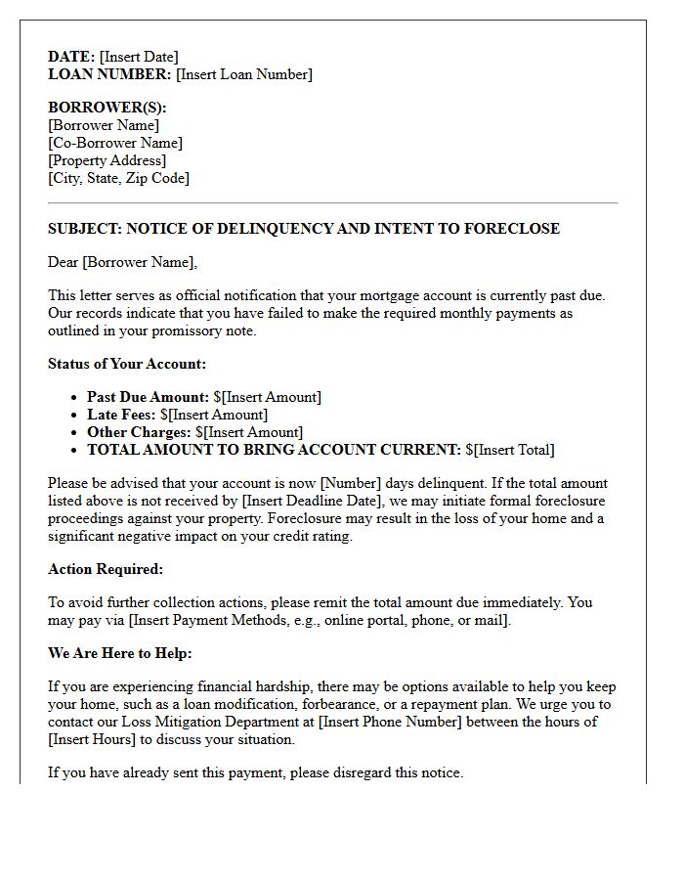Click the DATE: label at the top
(71, 57)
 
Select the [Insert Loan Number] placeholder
(244, 74)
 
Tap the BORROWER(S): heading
(107, 108)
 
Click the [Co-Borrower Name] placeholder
(114, 143)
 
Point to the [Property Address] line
(107, 160)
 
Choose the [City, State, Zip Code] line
(118, 178)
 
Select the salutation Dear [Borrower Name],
(122, 262)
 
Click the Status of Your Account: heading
(127, 364)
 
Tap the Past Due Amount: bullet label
(148, 397)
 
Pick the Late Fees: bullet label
(121, 415)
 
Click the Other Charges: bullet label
(139, 432)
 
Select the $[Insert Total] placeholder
(510, 450)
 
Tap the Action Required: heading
(106, 569)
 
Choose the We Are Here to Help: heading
(120, 653)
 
